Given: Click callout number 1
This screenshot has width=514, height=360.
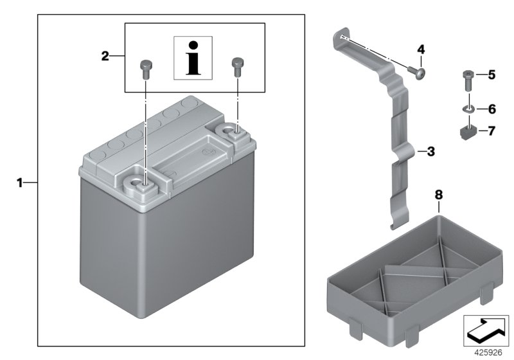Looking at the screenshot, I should (19, 183).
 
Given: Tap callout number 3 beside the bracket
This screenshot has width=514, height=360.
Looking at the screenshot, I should (431, 152).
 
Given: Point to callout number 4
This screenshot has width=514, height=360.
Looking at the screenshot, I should (421, 50).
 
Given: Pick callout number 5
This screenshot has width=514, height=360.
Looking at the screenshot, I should (492, 75).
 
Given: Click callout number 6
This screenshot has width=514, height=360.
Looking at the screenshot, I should (492, 110).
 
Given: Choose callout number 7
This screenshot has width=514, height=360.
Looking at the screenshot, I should (492, 132).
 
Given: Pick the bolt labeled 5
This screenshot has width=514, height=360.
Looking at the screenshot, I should (468, 82).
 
